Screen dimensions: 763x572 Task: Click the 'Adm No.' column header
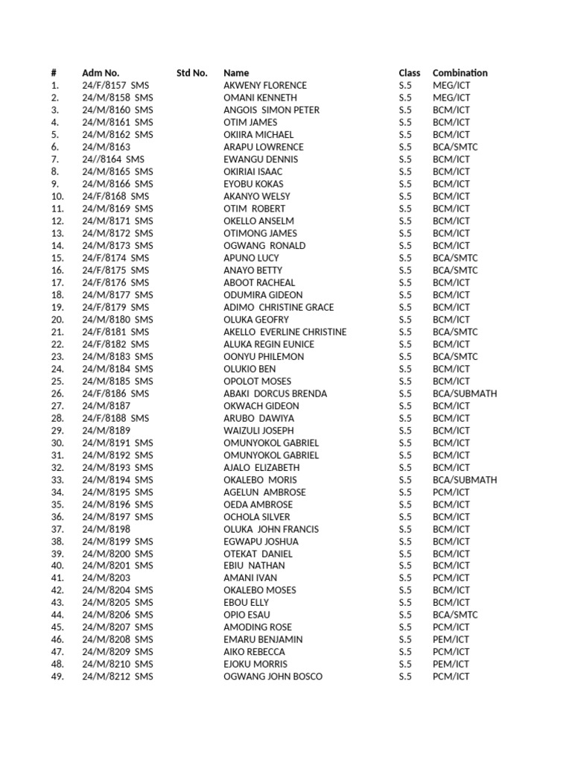tap(101, 73)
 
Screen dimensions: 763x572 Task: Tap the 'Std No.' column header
tap(191, 73)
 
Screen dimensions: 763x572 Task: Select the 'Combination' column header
tap(460, 73)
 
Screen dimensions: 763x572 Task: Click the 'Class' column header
tap(409, 73)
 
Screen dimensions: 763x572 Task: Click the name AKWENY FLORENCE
tap(264, 86)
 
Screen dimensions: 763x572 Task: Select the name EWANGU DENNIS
tap(260, 159)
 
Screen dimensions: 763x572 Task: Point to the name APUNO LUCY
tap(251, 258)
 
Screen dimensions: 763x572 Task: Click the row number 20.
tap(57, 320)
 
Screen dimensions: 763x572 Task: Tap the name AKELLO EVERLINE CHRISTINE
tap(285, 332)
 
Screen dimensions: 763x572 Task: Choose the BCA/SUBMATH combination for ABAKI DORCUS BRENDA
tap(464, 393)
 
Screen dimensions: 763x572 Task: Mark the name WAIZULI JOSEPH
tap(258, 430)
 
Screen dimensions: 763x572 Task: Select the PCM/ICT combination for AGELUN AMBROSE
tap(451, 492)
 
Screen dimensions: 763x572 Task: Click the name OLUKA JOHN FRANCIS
tap(270, 529)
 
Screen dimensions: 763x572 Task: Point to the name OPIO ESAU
tap(247, 615)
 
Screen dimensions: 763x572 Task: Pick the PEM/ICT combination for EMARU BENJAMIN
tap(451, 639)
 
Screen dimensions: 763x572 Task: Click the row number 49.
tap(57, 677)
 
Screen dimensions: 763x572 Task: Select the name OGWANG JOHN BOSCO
tap(273, 677)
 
